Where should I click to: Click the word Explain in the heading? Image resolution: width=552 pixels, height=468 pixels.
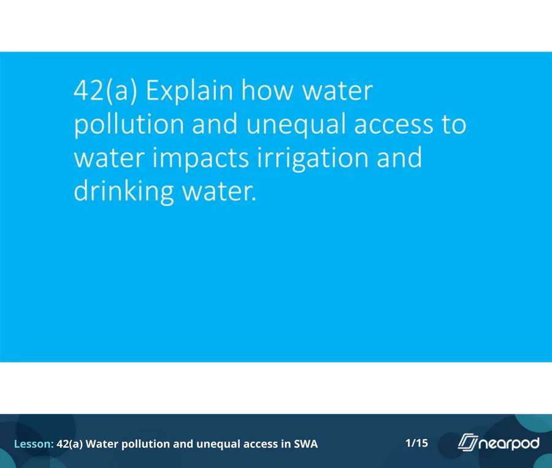[x=190, y=91]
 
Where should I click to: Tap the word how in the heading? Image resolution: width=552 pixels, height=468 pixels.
[x=267, y=91]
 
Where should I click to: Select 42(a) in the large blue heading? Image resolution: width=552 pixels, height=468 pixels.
[x=105, y=91]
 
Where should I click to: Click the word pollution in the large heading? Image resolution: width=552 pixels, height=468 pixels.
[x=129, y=124]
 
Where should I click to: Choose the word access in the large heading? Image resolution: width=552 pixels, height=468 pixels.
[x=394, y=125]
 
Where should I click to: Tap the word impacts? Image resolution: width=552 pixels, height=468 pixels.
[x=201, y=158]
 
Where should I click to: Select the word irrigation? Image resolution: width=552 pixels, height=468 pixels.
[x=313, y=158]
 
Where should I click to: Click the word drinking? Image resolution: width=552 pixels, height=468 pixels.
[x=123, y=191]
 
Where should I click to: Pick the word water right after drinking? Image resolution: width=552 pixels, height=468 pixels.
[x=218, y=192]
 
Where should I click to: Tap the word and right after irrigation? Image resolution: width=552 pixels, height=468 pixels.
[x=399, y=158]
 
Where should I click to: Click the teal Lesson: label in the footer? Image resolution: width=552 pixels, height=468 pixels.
[x=34, y=443]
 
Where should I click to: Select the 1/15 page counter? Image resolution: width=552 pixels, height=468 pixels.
[x=416, y=443]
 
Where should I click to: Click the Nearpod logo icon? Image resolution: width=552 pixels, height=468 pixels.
[x=468, y=442]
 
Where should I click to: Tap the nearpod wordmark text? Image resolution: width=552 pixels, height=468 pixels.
[x=509, y=443]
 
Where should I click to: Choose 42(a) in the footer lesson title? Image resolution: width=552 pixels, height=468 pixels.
[x=70, y=443]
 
